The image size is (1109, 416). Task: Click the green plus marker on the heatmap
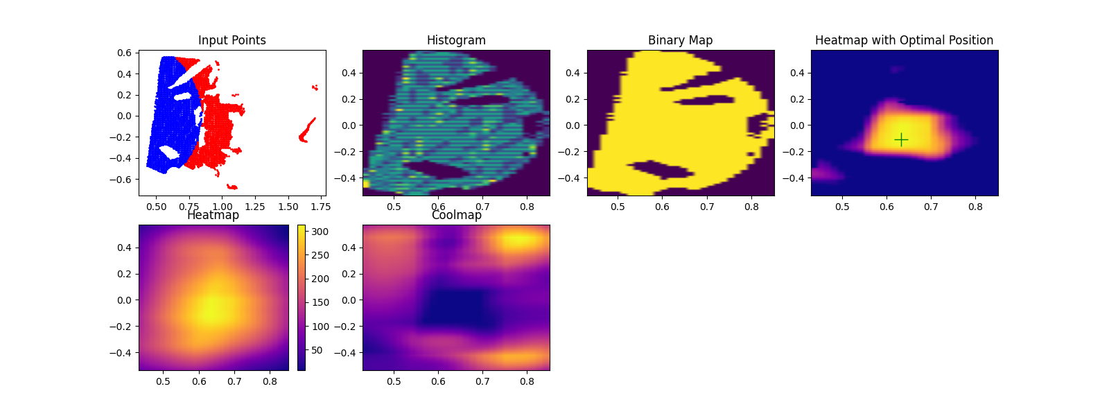pyautogui.click(x=901, y=140)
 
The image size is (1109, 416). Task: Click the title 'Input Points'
pyautogui.click(x=232, y=40)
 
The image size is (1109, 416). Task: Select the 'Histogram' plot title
pyautogui.click(x=456, y=40)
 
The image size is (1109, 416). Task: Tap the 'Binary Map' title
pyautogui.click(x=680, y=40)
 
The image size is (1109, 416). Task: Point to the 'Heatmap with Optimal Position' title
pyautogui.click(x=904, y=40)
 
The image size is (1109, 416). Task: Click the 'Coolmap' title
pyautogui.click(x=456, y=215)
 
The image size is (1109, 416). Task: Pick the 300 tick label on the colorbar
pyautogui.click(x=320, y=232)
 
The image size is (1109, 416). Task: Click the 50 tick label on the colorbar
pyautogui.click(x=317, y=350)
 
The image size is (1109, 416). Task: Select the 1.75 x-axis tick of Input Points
pyautogui.click(x=320, y=207)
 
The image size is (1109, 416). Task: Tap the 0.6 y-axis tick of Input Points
pyautogui.click(x=124, y=53)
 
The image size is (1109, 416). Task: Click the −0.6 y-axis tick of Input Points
pyautogui.click(x=121, y=180)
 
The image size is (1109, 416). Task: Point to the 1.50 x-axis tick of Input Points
pyautogui.click(x=288, y=207)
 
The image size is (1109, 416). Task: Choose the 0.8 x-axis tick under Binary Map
pyautogui.click(x=751, y=207)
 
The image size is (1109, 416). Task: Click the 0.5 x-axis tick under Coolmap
pyautogui.click(x=394, y=381)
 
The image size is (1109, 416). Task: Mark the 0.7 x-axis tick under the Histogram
pyautogui.click(x=482, y=207)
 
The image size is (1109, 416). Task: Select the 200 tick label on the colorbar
pyautogui.click(x=320, y=279)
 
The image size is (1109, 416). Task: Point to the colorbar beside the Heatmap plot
pyautogui.click(x=301, y=297)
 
